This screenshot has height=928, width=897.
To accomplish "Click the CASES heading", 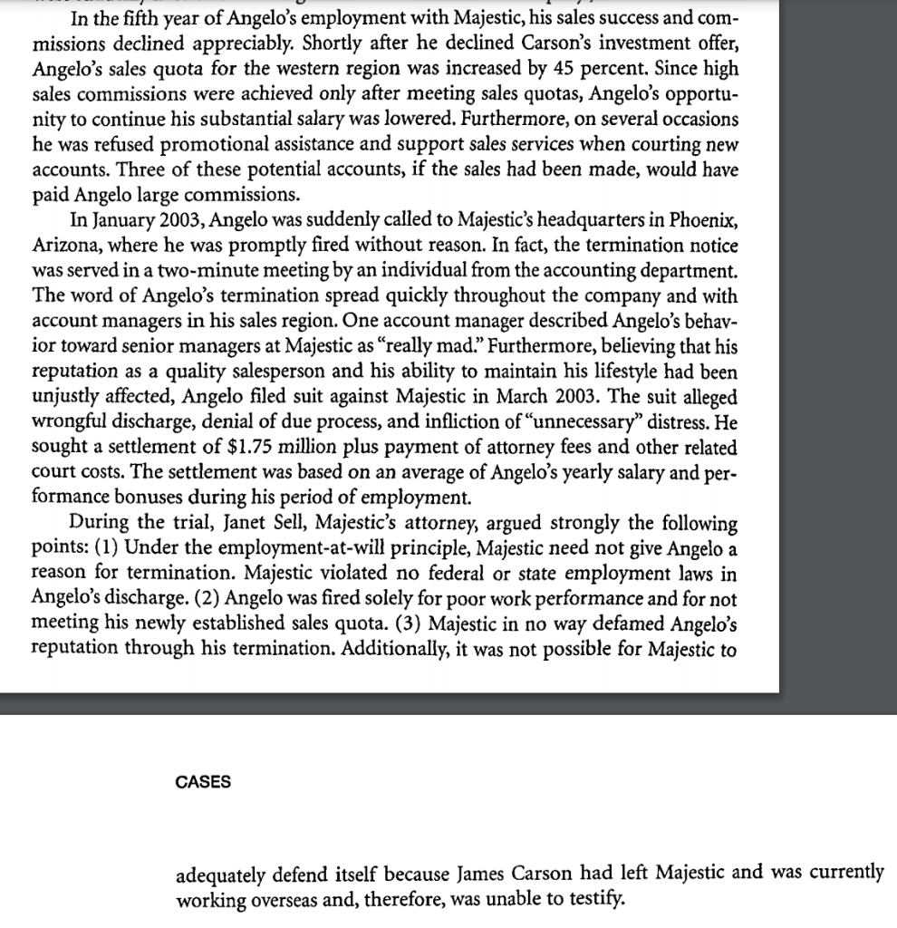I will pos(202,782).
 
